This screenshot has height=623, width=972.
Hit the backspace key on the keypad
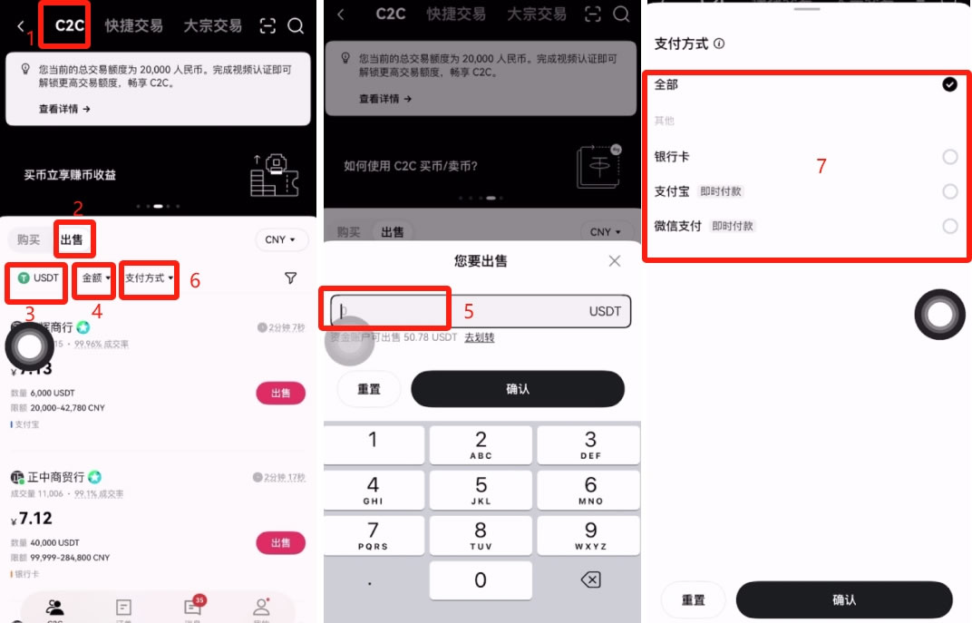589,579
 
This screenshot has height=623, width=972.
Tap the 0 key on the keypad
481,579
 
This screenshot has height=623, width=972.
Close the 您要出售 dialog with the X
615,261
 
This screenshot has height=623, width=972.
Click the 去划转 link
480,337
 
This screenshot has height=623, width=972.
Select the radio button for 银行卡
949,157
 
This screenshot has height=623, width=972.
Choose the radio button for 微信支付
949,226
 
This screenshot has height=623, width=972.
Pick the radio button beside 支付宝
949,191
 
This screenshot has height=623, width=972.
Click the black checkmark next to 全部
949,84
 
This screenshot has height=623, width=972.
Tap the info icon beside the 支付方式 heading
719,44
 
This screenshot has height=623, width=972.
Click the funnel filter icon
290,278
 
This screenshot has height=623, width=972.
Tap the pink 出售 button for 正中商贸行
281,543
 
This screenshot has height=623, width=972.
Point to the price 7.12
35,519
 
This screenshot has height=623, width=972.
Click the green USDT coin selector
37,278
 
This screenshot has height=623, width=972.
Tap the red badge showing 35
199,600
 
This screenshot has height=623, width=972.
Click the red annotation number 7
821,166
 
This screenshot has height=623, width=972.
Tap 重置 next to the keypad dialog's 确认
369,389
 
